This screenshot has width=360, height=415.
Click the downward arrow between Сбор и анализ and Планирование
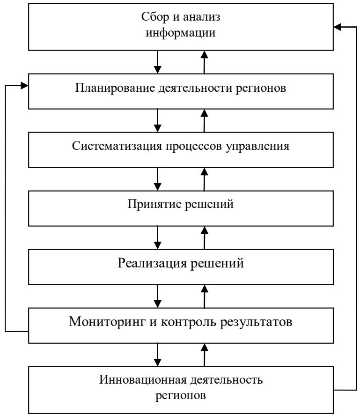158,62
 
